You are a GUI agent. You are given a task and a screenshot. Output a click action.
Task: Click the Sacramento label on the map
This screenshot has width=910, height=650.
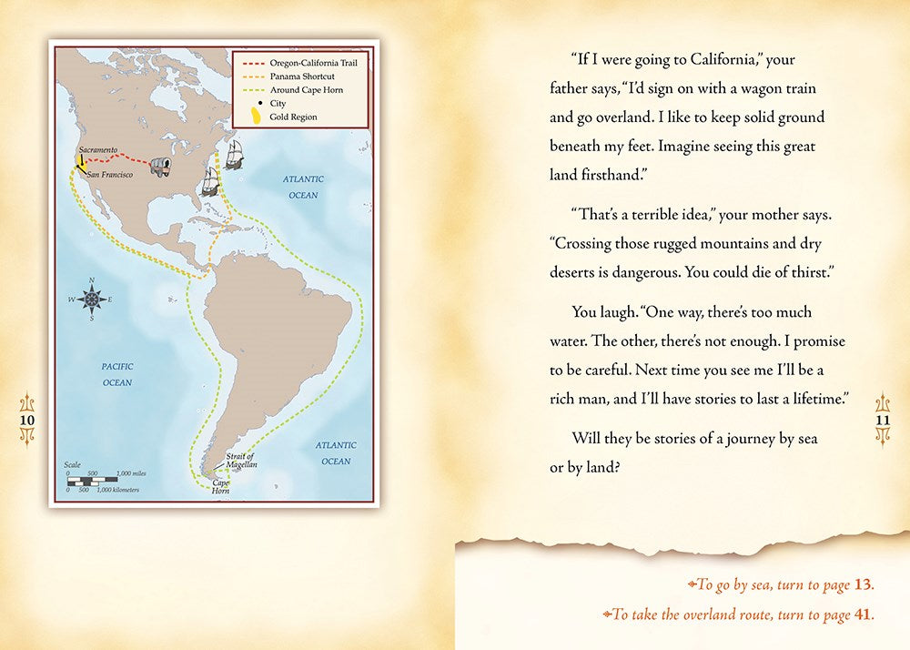[x=98, y=149]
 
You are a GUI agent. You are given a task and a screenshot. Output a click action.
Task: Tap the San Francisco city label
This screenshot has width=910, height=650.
[x=110, y=174]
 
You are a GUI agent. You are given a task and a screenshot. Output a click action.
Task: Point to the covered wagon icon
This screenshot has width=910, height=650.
[x=161, y=166]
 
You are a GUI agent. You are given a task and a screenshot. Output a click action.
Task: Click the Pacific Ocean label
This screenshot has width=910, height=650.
[x=116, y=374]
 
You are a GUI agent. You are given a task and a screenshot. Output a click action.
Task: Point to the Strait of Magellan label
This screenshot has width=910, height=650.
[x=241, y=460]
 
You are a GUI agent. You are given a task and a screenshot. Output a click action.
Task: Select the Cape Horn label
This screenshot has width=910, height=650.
[x=221, y=487]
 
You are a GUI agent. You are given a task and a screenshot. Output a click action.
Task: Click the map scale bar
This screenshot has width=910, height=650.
[x=103, y=478]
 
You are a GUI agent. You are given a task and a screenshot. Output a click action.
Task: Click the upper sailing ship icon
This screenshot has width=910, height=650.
[x=234, y=154]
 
